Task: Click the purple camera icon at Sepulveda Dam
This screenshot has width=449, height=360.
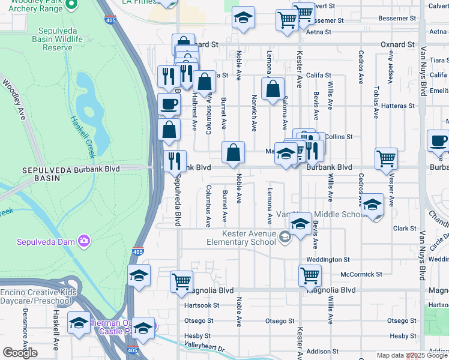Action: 83,241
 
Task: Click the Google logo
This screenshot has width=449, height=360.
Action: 20,353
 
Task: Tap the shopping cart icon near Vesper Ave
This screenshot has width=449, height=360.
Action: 386,159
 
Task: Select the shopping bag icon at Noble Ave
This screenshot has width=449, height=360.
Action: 233,152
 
